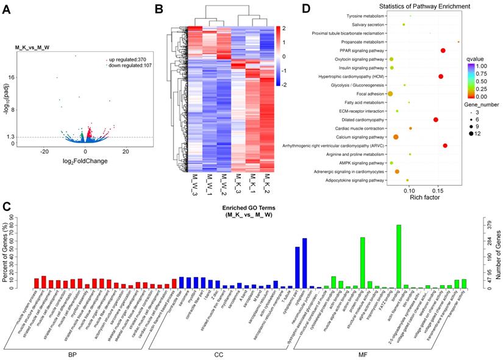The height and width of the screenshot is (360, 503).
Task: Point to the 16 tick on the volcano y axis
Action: click(12, 77)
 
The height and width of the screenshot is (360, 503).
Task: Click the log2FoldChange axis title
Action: click(85, 161)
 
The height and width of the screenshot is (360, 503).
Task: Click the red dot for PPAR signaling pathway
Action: click(443, 51)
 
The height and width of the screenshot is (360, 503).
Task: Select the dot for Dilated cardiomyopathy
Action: click(436, 120)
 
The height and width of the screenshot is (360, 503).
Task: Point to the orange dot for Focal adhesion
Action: click(390, 94)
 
